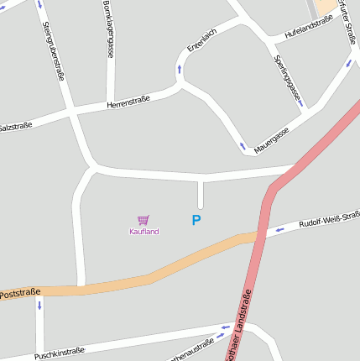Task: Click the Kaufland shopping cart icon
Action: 143,220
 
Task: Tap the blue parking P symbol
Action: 196,221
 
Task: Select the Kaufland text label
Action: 143,232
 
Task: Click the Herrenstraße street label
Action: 128,102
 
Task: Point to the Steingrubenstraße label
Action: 53,50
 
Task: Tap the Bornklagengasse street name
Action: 109,29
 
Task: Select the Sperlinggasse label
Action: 287,80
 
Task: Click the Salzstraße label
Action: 15,126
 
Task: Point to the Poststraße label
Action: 20,295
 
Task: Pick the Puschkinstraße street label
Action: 60,353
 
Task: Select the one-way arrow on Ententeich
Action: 179,66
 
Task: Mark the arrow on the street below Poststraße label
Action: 39,305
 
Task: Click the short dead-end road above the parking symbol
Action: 200,194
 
